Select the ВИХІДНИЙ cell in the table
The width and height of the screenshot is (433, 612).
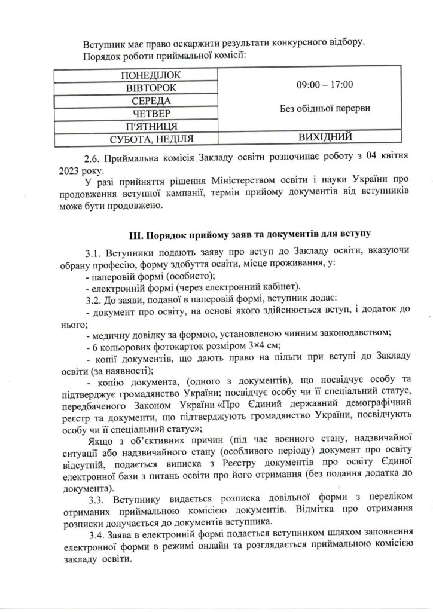[325, 138]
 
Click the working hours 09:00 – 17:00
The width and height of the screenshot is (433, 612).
[325, 85]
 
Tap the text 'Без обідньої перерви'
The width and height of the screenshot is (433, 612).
[325, 109]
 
